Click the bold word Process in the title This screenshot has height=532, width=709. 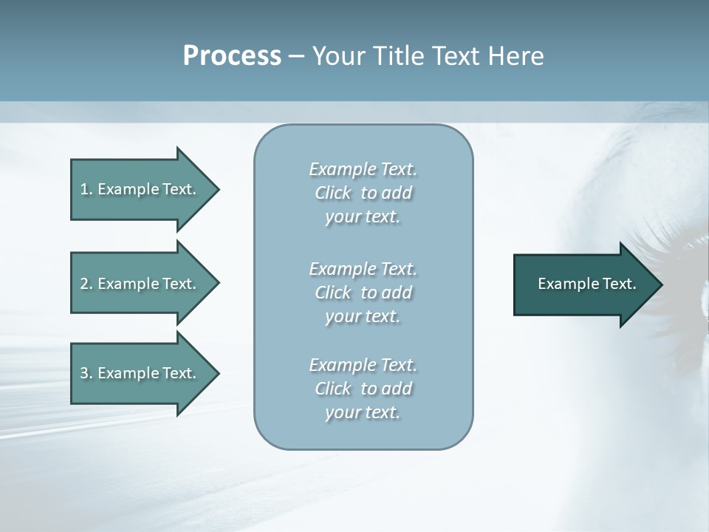click(232, 56)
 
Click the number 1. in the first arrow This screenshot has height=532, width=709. click(86, 189)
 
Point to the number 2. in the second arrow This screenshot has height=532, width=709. click(86, 284)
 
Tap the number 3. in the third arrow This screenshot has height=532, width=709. click(86, 373)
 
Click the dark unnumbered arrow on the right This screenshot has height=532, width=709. click(576, 284)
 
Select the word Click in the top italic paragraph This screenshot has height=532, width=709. click(333, 193)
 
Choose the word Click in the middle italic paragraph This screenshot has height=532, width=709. click(333, 293)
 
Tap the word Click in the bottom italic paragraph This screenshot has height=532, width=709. click(333, 389)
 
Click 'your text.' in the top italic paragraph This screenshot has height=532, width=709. click(363, 217)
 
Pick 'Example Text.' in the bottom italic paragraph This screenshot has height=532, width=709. click(363, 365)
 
